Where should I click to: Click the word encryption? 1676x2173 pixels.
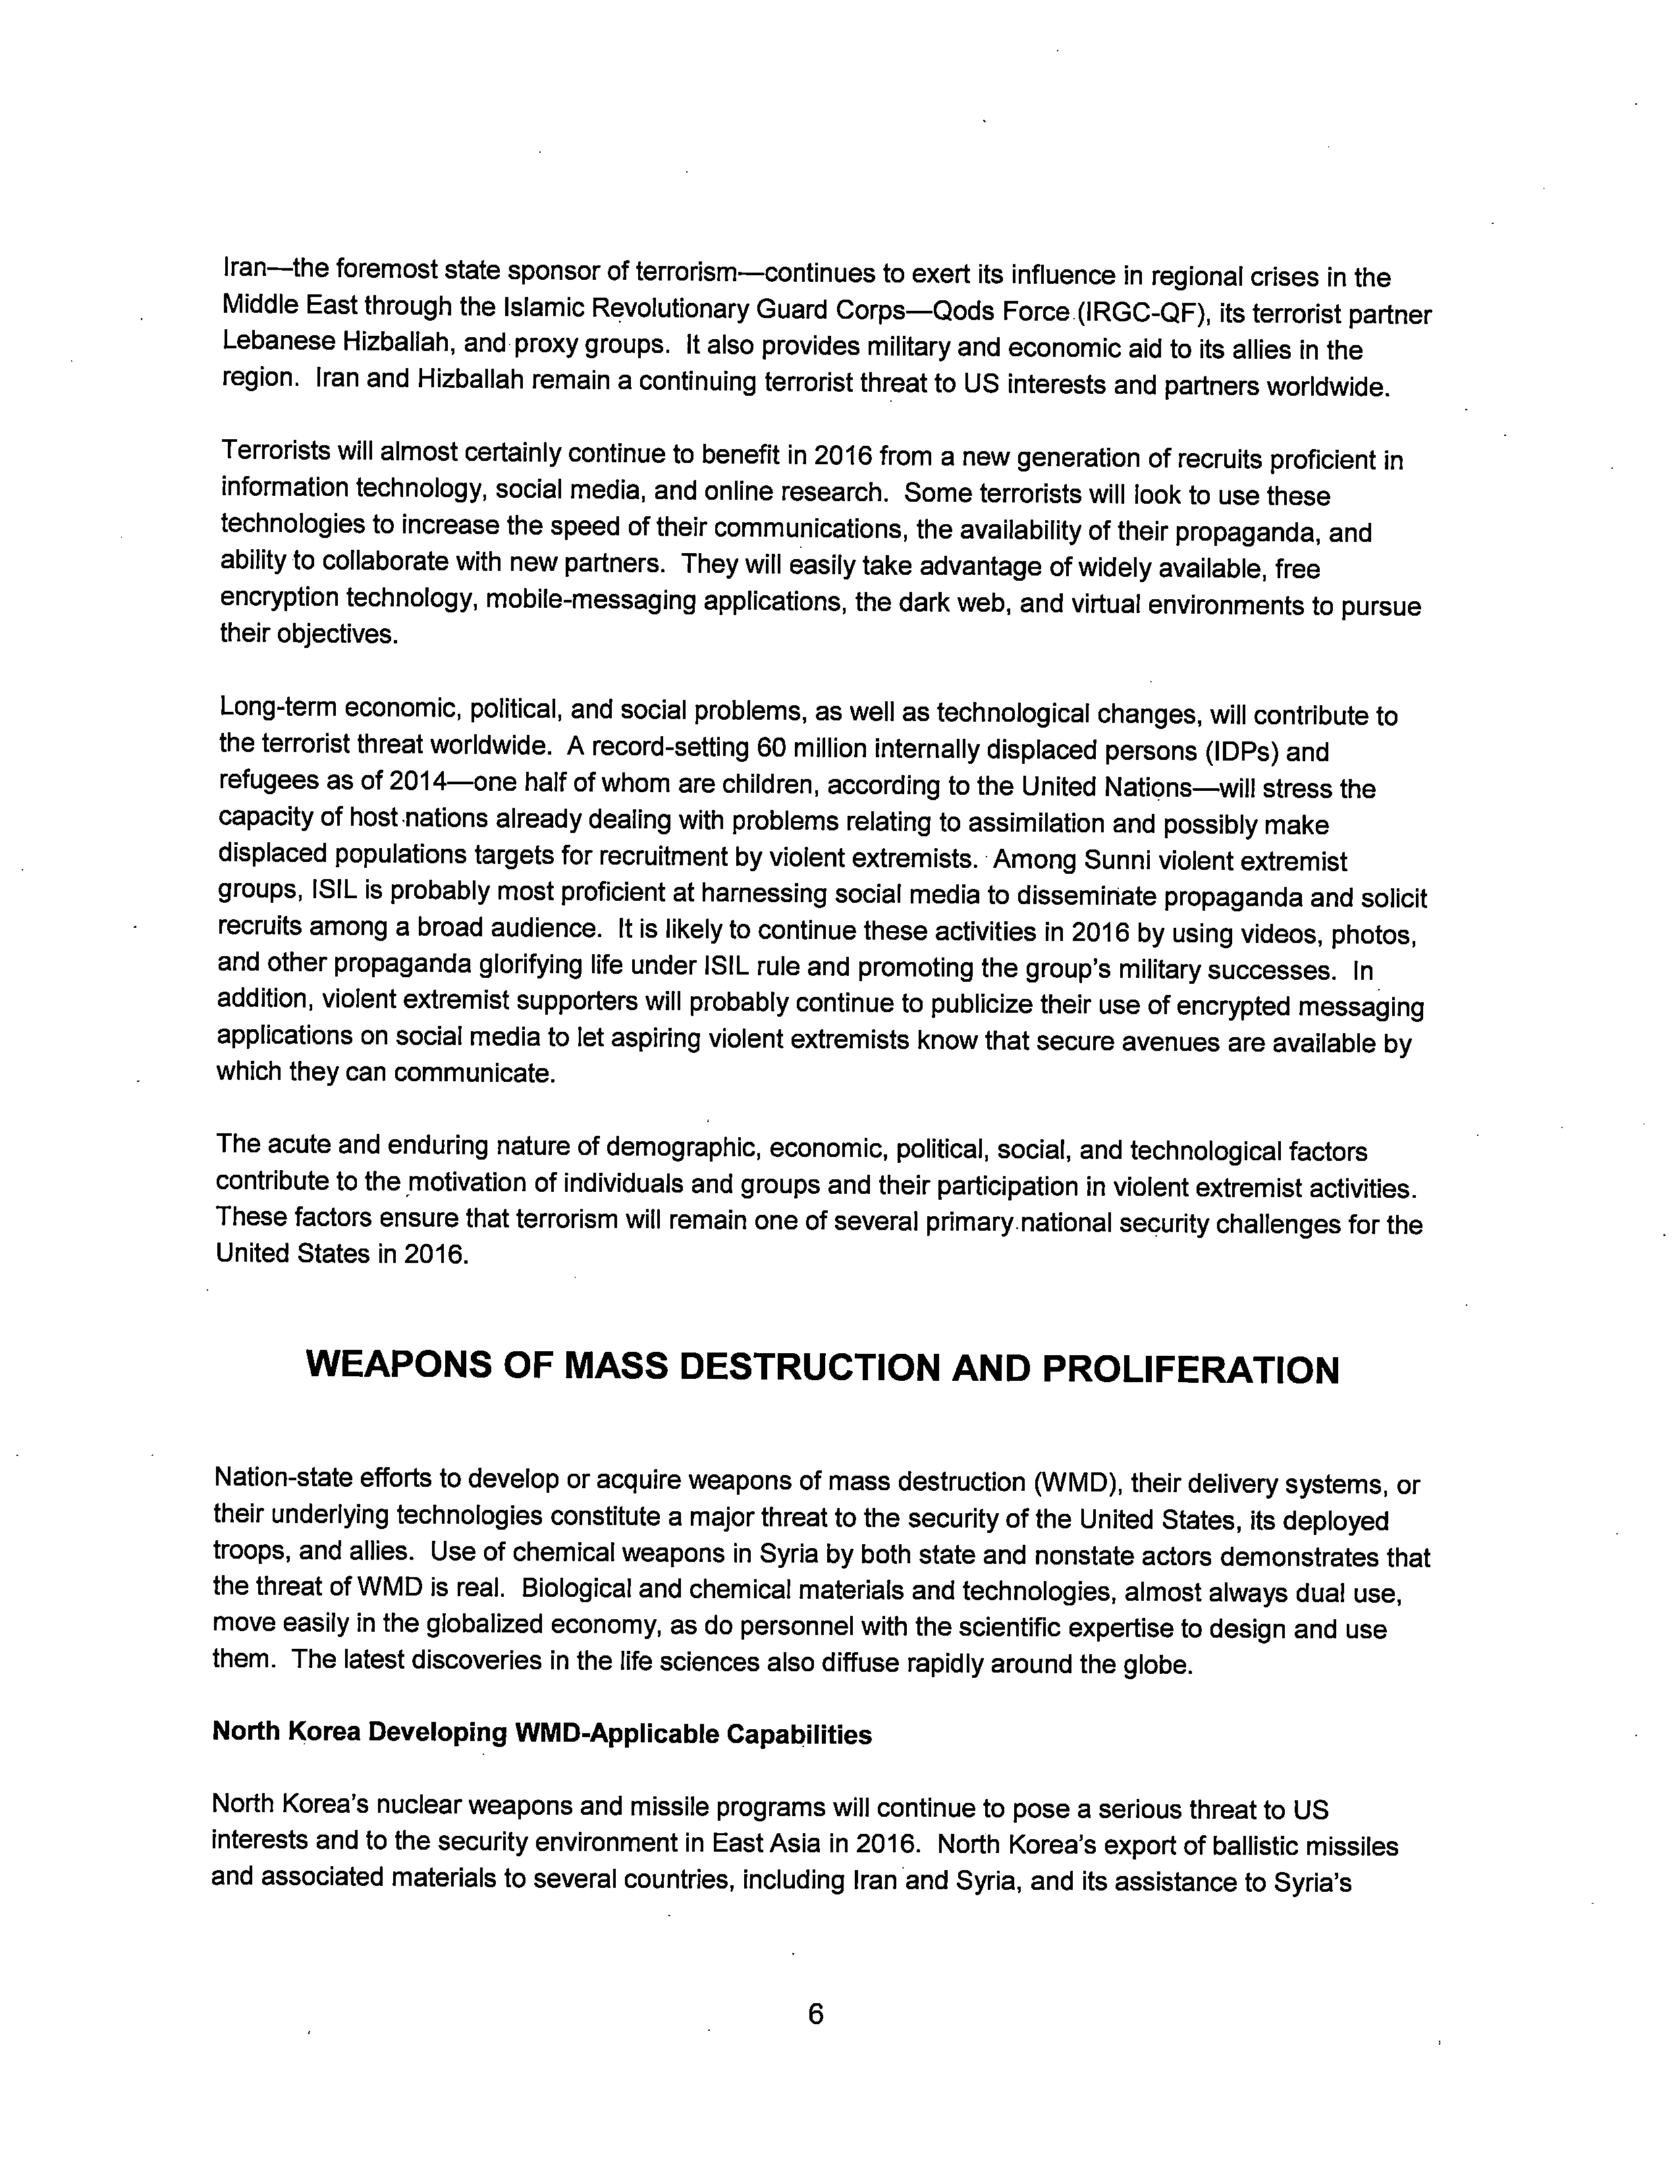pos(278,598)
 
